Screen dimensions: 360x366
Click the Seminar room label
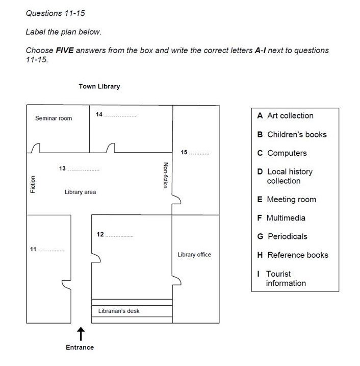(54, 118)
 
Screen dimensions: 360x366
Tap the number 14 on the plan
(99, 114)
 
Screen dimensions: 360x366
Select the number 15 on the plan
(184, 152)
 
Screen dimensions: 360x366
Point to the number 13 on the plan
(62, 168)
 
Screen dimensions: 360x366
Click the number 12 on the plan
(100, 234)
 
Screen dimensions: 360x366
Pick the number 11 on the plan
(33, 249)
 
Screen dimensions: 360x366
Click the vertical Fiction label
(33, 184)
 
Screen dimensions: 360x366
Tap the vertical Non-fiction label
(165, 175)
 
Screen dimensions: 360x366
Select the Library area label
(80, 192)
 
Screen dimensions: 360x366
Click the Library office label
(194, 254)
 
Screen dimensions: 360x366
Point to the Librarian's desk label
(119, 311)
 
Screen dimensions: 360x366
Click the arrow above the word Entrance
(81, 334)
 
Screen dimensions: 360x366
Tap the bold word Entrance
(80, 347)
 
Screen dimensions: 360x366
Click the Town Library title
(99, 86)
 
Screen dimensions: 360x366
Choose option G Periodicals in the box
(282, 236)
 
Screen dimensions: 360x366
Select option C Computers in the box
(282, 153)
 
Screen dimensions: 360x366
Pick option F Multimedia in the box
(281, 218)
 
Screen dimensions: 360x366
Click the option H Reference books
(293, 255)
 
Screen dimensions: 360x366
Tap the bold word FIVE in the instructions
(65, 50)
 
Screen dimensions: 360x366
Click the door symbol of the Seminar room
(36, 148)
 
